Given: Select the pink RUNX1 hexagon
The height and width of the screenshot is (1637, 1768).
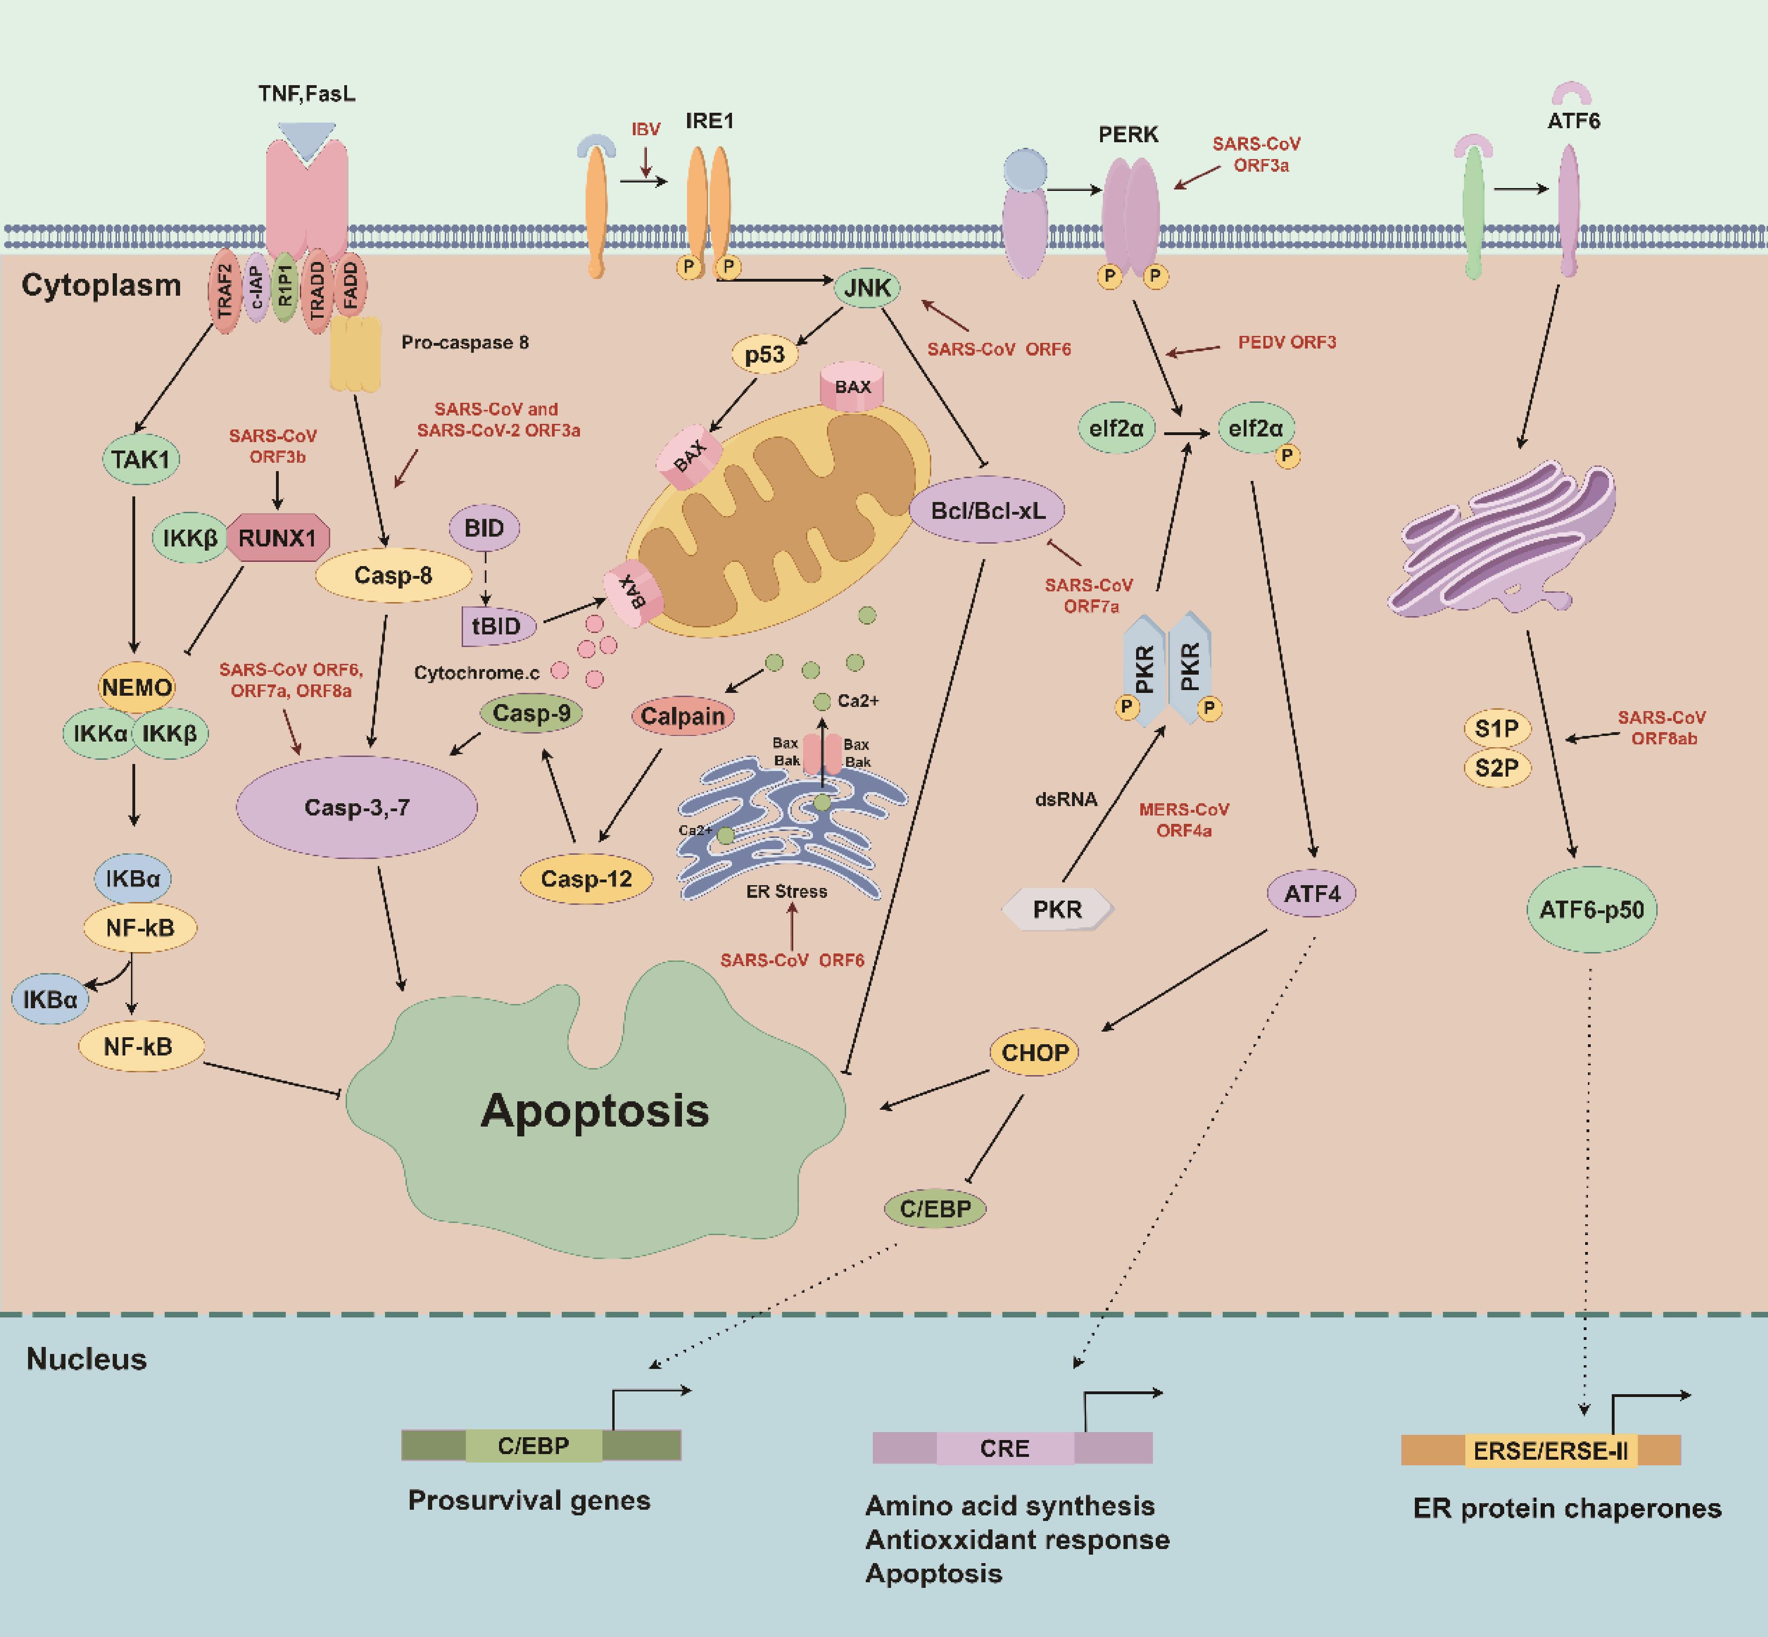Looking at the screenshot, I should point(277,538).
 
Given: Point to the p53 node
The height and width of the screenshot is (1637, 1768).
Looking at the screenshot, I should point(764,355).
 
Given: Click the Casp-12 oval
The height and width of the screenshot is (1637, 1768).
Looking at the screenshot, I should point(587,879).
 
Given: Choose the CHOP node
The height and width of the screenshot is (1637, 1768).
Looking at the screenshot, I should point(1035,1052).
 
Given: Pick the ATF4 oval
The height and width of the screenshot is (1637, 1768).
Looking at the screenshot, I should point(1312,893).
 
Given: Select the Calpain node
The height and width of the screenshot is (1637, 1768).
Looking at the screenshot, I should point(683,716).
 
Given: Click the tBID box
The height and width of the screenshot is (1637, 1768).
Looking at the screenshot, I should point(498,626).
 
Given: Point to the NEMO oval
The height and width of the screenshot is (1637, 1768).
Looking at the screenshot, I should point(137,687).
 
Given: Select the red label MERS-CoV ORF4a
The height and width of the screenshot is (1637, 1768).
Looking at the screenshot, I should point(1184,819).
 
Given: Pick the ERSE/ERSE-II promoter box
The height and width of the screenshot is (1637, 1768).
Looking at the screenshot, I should point(1550,1451).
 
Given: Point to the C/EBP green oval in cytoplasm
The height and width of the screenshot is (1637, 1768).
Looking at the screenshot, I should point(935,1208).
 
